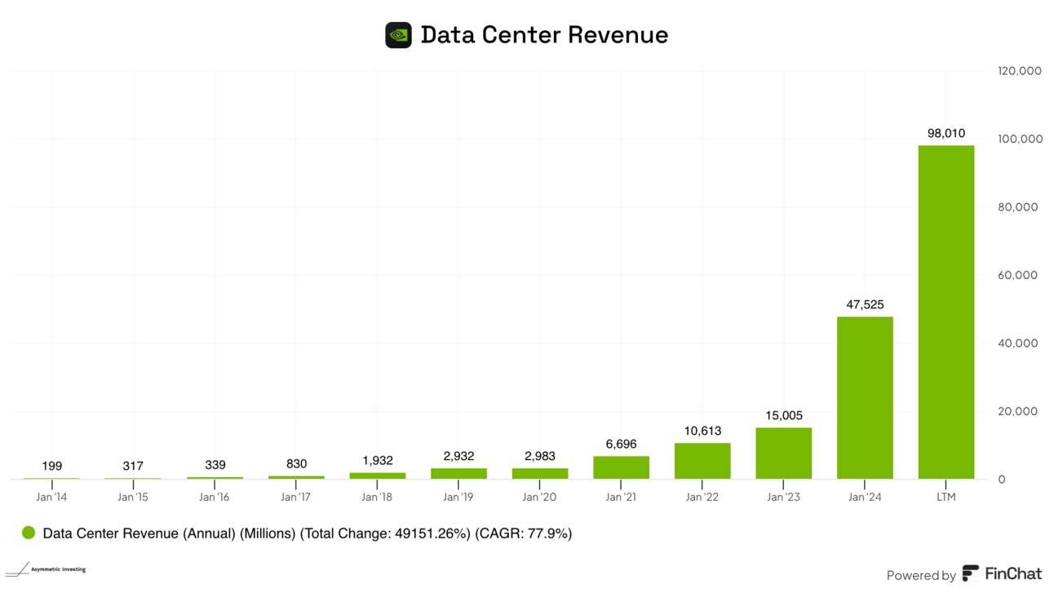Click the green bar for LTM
[945, 312]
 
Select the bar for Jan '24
[865, 397]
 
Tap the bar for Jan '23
[783, 453]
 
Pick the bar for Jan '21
[621, 467]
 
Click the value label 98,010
[945, 133]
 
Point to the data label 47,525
[865, 304]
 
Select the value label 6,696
[621, 445]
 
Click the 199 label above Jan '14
[51, 467]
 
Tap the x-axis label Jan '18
[376, 497]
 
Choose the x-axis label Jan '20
[539, 497]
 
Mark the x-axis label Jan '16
[215, 497]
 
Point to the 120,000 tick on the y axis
[1019, 71]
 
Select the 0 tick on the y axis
[1002, 480]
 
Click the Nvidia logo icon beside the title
[398, 35]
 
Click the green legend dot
[29, 533]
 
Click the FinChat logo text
[1012, 574]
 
